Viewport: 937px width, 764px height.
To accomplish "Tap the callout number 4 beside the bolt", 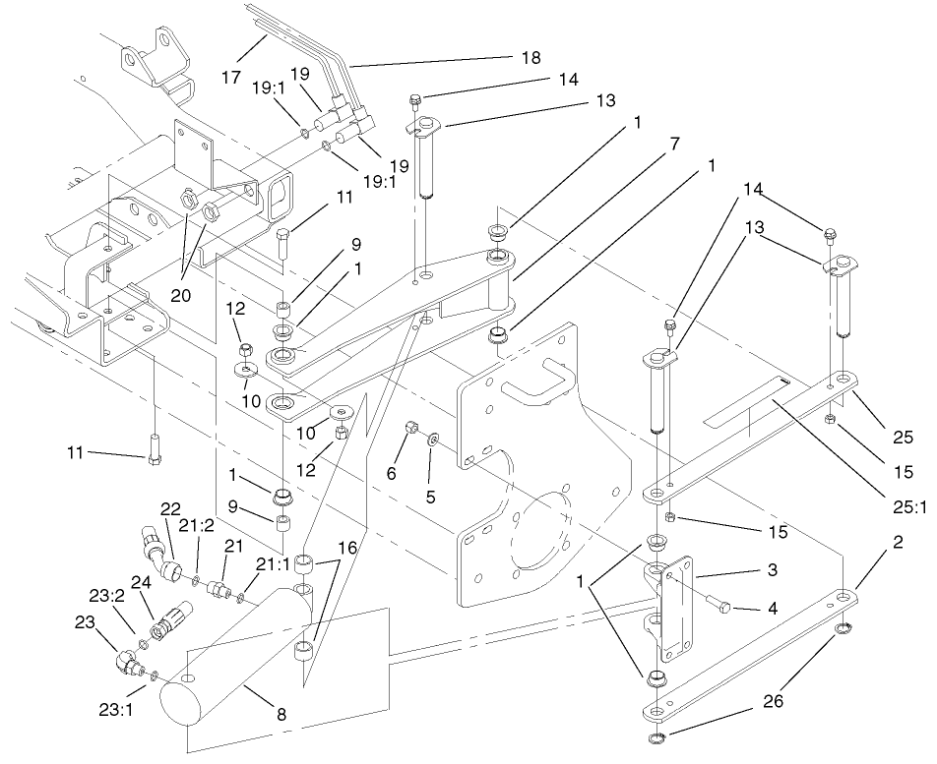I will pyautogui.click(x=775, y=611).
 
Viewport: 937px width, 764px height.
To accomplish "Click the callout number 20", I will pyautogui.click(x=186, y=293).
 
